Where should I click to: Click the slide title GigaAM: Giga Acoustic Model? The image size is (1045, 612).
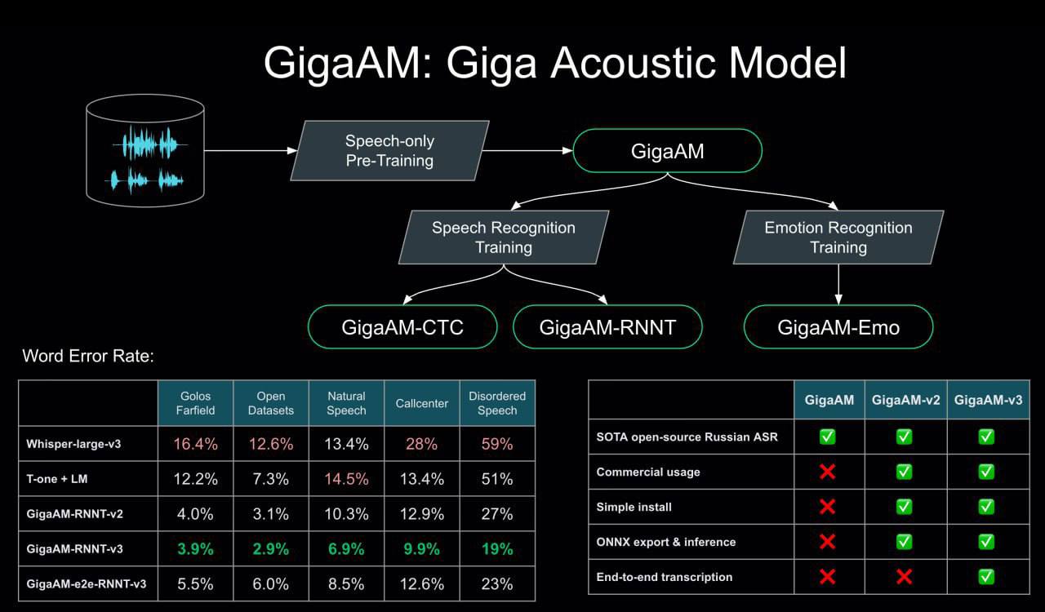tap(554, 64)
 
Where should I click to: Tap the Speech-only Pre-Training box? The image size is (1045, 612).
tap(389, 151)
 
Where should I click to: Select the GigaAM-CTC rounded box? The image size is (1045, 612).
tap(402, 327)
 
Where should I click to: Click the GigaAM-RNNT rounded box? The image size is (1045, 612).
tap(608, 327)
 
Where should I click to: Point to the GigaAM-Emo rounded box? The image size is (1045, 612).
tap(838, 327)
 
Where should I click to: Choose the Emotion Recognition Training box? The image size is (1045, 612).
tap(838, 237)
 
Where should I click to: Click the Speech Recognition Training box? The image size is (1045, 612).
tap(504, 237)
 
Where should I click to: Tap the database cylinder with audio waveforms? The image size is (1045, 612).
tap(145, 149)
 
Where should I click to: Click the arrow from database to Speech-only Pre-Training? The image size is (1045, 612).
tap(250, 151)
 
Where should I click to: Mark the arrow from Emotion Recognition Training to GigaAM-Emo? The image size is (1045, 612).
tap(838, 284)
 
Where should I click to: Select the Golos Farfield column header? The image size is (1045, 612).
tap(195, 402)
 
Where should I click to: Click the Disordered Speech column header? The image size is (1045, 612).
tap(497, 402)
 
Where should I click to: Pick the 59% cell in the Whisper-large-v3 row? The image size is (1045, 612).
tap(497, 444)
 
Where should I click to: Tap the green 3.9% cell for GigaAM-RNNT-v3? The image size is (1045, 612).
tap(195, 549)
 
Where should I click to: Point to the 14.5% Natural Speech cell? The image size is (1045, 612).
tap(346, 479)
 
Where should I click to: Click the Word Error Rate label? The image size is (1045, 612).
tap(88, 356)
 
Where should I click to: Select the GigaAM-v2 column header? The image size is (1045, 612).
tap(905, 400)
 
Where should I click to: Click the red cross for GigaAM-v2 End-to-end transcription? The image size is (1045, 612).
tap(905, 577)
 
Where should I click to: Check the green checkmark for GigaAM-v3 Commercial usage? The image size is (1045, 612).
tap(986, 472)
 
